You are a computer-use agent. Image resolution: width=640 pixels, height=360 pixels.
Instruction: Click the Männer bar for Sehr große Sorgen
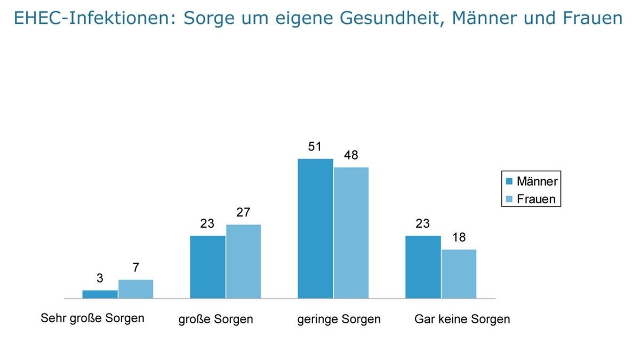tap(100, 294)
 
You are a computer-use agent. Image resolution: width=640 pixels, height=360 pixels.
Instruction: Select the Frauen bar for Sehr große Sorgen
tap(135, 289)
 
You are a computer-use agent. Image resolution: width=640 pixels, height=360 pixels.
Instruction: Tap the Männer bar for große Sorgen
tap(207, 267)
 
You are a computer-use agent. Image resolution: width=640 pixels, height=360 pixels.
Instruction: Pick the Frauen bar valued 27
tap(243, 261)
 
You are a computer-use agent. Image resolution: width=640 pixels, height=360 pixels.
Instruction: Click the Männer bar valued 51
tap(315, 228)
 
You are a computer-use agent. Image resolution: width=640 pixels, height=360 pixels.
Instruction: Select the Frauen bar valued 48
tap(351, 233)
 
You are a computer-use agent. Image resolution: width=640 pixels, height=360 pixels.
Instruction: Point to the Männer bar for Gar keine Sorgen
tap(423, 267)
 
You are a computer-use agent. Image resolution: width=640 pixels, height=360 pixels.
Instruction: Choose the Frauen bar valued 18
tap(459, 274)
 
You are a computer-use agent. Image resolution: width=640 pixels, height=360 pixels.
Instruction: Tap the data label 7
tap(136, 268)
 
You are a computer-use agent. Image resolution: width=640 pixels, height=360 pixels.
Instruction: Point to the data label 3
tap(100, 278)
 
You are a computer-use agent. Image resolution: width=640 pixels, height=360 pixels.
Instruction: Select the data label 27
tap(243, 212)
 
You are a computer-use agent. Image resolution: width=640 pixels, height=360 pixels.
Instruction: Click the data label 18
tap(459, 237)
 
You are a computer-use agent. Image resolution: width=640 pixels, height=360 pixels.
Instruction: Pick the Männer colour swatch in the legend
tap(509, 181)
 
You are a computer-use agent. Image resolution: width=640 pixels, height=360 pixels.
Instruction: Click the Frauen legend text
tap(536, 199)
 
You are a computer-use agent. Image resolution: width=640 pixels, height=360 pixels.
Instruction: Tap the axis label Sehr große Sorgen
tap(92, 318)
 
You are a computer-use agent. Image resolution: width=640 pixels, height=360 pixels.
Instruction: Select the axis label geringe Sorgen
tap(339, 319)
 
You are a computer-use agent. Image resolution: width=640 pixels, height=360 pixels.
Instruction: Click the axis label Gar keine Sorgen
tap(462, 319)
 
